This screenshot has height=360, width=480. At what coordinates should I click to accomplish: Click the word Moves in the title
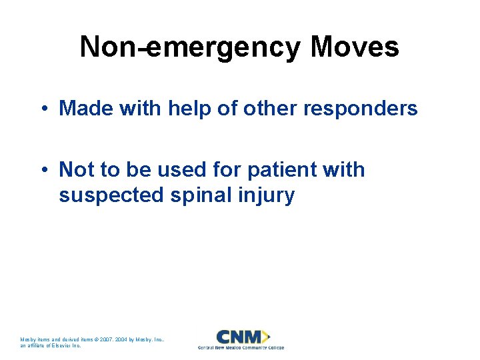[355, 47]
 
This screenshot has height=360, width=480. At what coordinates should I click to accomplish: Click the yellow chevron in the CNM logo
[266, 336]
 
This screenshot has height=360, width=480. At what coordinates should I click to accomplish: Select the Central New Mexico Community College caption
[241, 347]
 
